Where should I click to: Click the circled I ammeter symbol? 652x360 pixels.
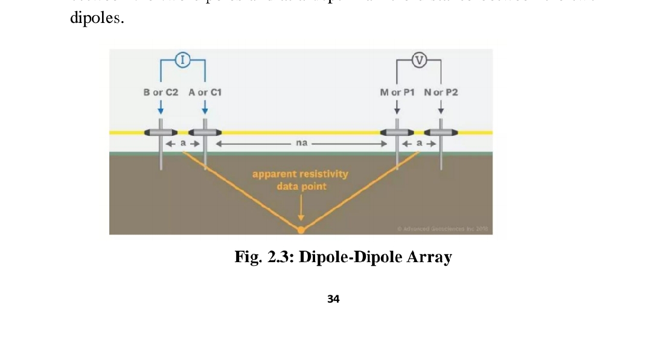(183, 59)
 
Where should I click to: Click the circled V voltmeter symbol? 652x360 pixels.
(419, 59)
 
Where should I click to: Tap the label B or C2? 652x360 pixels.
(161, 92)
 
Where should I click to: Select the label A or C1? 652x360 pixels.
(205, 92)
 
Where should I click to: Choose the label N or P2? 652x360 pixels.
(441, 92)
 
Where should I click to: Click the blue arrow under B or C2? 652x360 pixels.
(161, 108)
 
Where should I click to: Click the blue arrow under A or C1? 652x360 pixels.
(205, 108)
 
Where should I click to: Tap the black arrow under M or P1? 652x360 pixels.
(397, 108)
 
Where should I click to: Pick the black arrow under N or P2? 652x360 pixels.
(441, 108)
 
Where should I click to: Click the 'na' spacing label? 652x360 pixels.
(302, 144)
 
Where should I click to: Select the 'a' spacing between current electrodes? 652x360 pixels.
(183, 144)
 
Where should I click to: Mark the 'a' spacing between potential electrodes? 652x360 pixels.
(419, 144)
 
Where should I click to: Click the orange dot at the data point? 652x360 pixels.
(301, 230)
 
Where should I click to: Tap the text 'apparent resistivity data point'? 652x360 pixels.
(300, 180)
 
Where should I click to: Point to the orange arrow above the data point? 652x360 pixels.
(301, 208)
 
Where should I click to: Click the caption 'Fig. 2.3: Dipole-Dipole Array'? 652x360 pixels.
(343, 257)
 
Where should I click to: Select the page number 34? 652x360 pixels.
(333, 298)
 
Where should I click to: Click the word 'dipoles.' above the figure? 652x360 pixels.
(97, 18)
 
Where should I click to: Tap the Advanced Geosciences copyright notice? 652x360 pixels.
(444, 229)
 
